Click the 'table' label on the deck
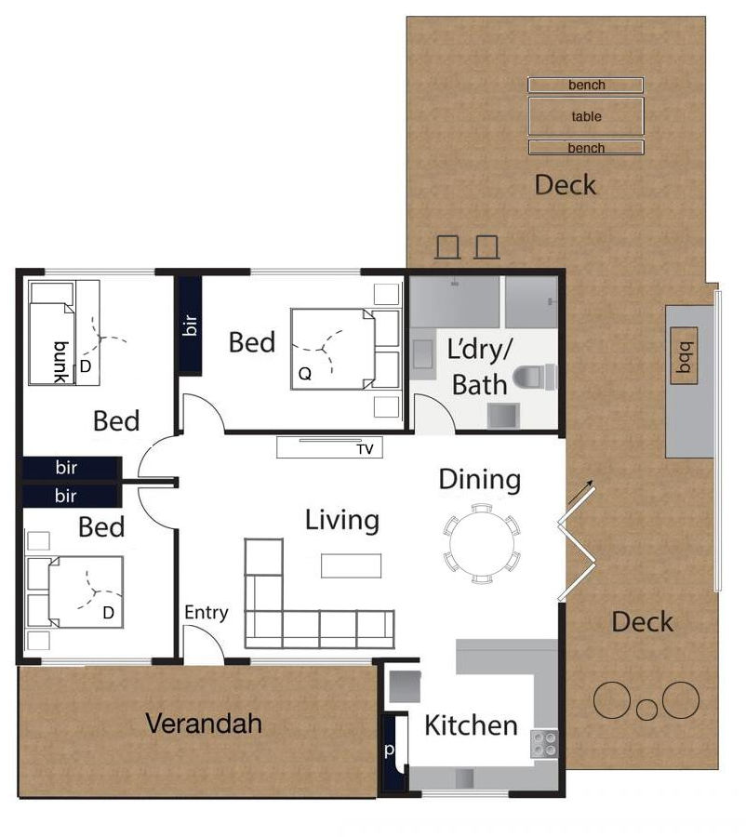click(x=586, y=116)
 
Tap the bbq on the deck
click(x=684, y=356)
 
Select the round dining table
click(x=482, y=543)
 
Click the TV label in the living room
click(x=366, y=449)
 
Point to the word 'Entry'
click(x=206, y=612)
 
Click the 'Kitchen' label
click(x=471, y=726)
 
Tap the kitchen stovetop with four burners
click(x=543, y=744)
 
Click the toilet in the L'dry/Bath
click(x=535, y=377)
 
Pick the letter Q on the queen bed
click(x=305, y=373)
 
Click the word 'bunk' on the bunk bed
click(x=62, y=362)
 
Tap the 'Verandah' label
click(x=204, y=724)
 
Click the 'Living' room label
click(x=342, y=521)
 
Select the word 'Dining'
click(x=480, y=480)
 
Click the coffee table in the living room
click(x=352, y=565)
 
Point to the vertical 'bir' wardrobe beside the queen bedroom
click(x=190, y=325)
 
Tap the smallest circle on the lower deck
click(x=646, y=710)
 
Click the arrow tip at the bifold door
click(x=593, y=481)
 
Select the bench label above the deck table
click(x=586, y=85)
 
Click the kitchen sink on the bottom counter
click(x=464, y=778)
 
